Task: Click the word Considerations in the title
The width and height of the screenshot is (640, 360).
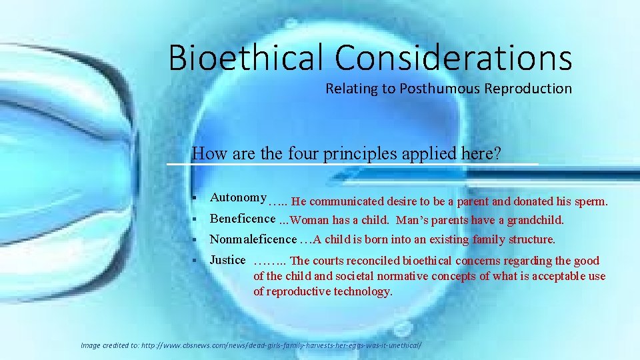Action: [x=453, y=57]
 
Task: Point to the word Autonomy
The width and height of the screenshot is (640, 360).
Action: [x=238, y=197]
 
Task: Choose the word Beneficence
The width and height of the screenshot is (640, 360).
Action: [x=243, y=219]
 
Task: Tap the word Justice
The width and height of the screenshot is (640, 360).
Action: [x=228, y=260]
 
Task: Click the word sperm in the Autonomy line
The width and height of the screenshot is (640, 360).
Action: [x=591, y=201]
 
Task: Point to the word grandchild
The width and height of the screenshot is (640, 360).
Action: [x=535, y=220]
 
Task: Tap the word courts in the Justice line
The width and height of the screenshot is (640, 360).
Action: [x=329, y=261]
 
